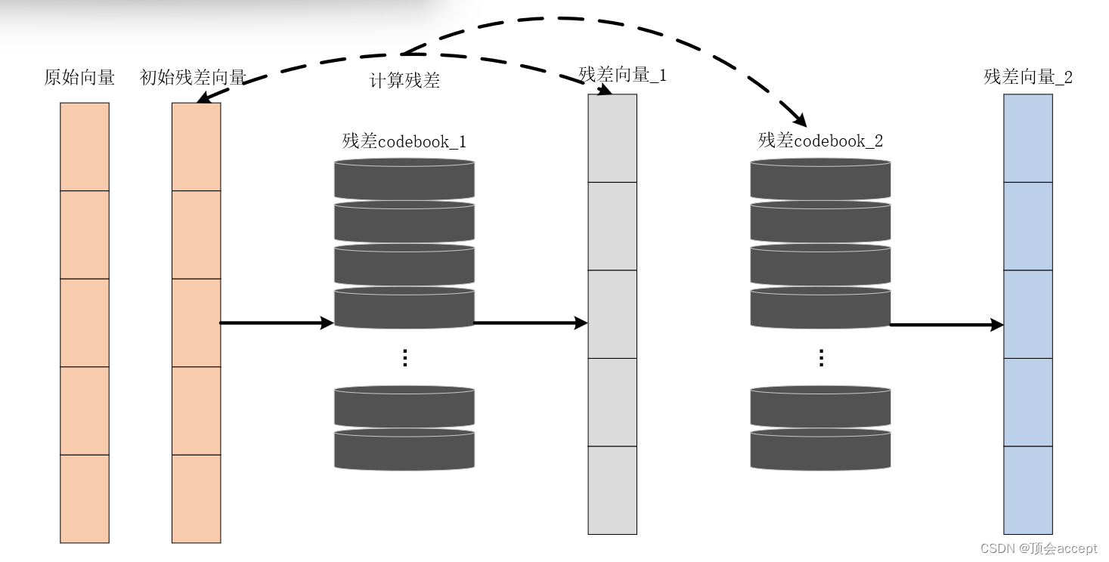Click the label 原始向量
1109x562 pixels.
[79, 78]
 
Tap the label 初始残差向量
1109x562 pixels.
[194, 78]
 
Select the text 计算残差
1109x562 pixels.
[404, 81]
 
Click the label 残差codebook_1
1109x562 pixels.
[404, 141]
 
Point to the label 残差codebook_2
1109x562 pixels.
[820, 140]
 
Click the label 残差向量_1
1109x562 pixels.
[622, 75]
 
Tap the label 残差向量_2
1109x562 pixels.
[1028, 77]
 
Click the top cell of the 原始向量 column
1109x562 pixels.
[85, 147]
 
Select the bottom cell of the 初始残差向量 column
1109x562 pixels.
[197, 499]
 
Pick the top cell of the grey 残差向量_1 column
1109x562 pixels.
[612, 138]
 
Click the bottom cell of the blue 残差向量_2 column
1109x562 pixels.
[1028, 490]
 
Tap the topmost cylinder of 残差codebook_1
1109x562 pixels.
[404, 179]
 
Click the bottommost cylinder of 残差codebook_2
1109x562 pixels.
[820, 449]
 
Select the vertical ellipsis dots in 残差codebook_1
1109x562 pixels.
[404, 358]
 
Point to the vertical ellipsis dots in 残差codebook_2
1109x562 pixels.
[821, 358]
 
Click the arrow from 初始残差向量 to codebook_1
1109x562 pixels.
[276, 323]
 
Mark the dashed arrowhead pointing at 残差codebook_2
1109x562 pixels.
[800, 119]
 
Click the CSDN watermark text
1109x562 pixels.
[1039, 548]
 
